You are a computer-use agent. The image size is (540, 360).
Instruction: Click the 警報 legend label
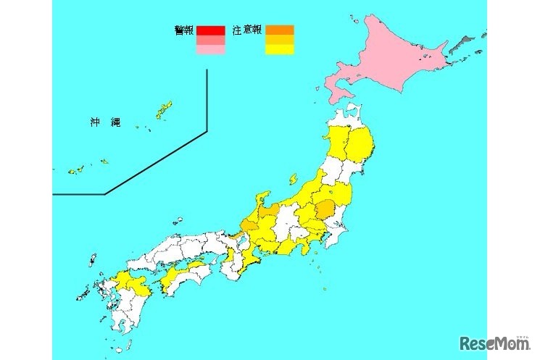(185, 30)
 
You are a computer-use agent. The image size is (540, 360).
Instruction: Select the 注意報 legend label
(246, 30)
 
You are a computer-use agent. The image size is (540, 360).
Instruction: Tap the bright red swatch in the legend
(210, 30)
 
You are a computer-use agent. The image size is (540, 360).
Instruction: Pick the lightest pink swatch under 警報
(210, 50)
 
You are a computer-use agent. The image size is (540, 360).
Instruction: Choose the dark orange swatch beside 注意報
(279, 30)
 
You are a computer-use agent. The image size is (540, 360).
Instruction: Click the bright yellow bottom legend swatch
(279, 50)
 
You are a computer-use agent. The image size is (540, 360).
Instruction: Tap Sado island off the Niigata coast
(293, 178)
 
